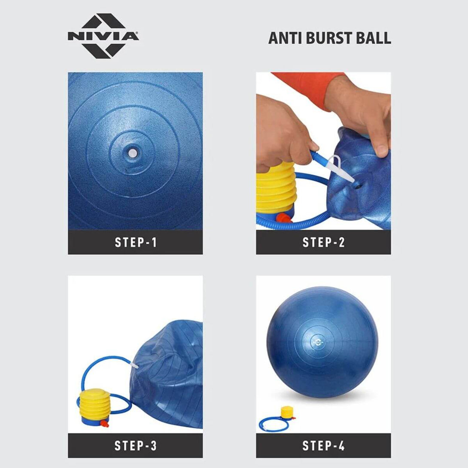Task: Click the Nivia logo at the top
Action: (x=103, y=36)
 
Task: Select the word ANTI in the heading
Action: (x=286, y=38)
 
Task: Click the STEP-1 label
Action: (x=136, y=242)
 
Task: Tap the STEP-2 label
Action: (x=324, y=242)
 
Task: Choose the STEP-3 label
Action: (x=136, y=446)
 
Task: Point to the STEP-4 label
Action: (x=324, y=446)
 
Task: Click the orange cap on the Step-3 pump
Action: (x=104, y=423)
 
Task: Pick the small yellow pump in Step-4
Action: (x=288, y=413)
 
